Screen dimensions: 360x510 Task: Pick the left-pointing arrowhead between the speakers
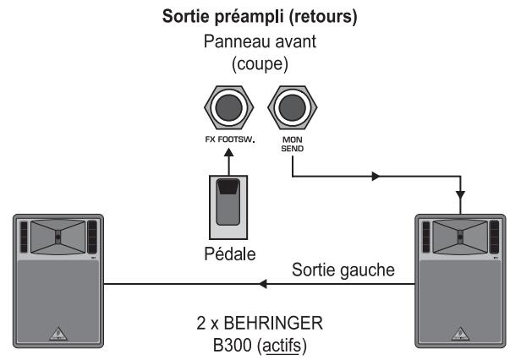pos(264,285)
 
